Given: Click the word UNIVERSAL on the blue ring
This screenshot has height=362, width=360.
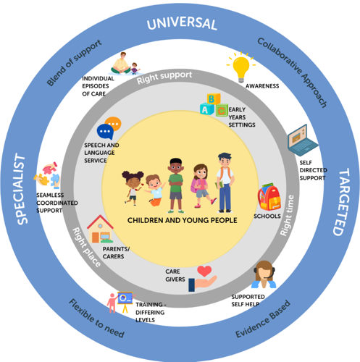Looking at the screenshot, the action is [x=182, y=23].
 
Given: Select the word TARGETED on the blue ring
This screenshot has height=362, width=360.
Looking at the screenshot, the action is [x=341, y=202].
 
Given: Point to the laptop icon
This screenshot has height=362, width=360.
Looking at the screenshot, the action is [x=303, y=140].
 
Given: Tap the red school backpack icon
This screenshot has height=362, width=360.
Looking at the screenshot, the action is [x=269, y=197].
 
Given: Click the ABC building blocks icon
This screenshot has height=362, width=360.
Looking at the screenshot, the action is [x=214, y=105].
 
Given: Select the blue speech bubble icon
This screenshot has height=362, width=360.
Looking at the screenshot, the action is [x=105, y=132].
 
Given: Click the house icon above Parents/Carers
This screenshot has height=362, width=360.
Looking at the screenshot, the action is [x=100, y=229].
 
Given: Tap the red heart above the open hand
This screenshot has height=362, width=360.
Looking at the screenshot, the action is [x=204, y=271].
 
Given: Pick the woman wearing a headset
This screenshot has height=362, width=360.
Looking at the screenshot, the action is [x=264, y=274].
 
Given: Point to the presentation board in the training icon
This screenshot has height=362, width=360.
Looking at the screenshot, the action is [x=125, y=298].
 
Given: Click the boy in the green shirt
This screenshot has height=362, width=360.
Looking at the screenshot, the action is [x=176, y=185].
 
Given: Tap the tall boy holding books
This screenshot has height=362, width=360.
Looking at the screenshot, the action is [x=225, y=182].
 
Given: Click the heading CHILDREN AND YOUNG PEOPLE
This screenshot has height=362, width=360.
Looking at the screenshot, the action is [x=183, y=220].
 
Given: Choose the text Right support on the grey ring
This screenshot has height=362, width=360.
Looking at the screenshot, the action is [x=164, y=77].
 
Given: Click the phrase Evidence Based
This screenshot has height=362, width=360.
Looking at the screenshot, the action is [x=263, y=319].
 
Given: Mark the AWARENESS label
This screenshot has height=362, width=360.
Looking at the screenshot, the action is [x=262, y=86].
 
